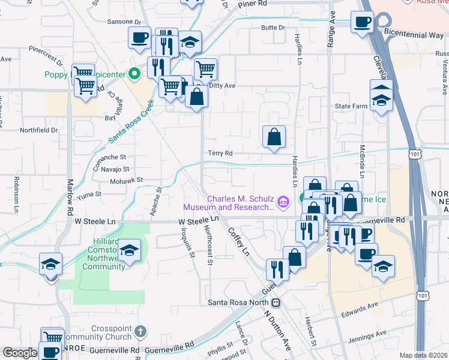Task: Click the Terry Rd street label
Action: (x=220, y=154)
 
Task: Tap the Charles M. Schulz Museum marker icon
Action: (x=283, y=199)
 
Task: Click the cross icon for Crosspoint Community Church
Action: (x=140, y=331)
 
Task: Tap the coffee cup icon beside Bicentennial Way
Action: (x=362, y=23)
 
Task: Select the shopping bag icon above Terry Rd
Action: (x=274, y=137)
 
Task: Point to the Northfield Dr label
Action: (x=38, y=130)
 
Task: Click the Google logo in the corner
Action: (x=20, y=353)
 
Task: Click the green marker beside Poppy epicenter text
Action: (x=135, y=74)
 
